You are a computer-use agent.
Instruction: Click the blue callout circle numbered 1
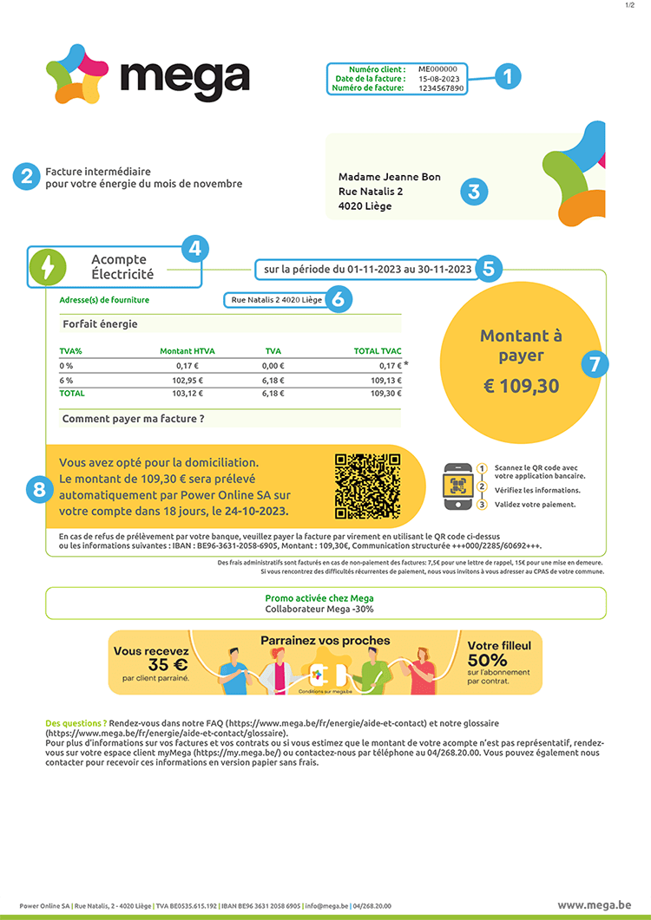[508, 76]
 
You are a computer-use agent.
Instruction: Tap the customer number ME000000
[437, 68]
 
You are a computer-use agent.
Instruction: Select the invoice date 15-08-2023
[438, 78]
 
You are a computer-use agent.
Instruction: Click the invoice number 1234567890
[442, 88]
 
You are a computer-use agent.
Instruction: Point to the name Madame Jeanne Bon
[389, 177]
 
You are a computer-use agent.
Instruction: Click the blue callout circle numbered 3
[473, 192]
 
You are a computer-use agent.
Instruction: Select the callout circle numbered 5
[489, 268]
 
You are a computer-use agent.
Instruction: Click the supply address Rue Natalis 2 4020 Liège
[276, 299]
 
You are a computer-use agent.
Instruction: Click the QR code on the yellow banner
[366, 486]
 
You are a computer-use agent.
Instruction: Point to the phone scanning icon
[457, 487]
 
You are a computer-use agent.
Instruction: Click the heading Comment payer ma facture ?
[134, 419]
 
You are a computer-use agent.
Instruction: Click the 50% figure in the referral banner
[488, 661]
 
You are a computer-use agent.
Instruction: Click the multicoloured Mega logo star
[76, 74]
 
